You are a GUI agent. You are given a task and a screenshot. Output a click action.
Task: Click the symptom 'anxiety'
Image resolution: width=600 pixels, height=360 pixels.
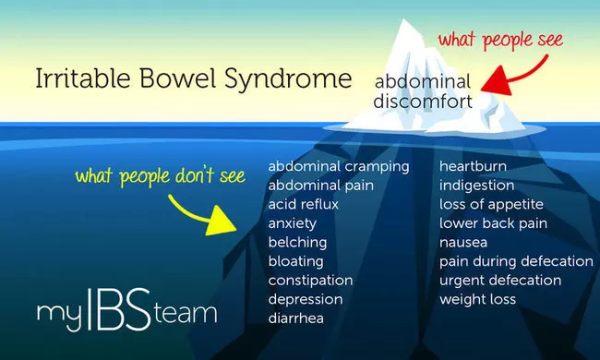pyautogui.click(x=293, y=223)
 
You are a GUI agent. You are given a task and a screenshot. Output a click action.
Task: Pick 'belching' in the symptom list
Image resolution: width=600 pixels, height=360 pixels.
pyautogui.click(x=297, y=242)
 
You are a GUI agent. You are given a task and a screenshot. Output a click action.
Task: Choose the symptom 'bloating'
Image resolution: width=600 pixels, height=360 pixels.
pyautogui.click(x=297, y=261)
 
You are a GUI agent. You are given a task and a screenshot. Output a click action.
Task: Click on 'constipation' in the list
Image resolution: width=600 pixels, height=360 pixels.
pyautogui.click(x=311, y=280)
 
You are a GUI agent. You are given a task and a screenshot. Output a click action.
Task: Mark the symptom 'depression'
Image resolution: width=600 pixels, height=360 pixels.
pyautogui.click(x=306, y=299)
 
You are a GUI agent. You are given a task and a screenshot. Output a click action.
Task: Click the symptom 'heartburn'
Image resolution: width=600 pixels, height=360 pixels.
pyautogui.click(x=473, y=166)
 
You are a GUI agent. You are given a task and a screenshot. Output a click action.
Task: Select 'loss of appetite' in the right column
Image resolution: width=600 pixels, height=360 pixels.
pyautogui.click(x=491, y=204)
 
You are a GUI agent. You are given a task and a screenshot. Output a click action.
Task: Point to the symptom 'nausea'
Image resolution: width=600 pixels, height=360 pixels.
pyautogui.click(x=464, y=242)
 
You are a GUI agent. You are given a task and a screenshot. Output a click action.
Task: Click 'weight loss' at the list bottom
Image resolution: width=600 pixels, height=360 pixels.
pyautogui.click(x=477, y=299)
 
